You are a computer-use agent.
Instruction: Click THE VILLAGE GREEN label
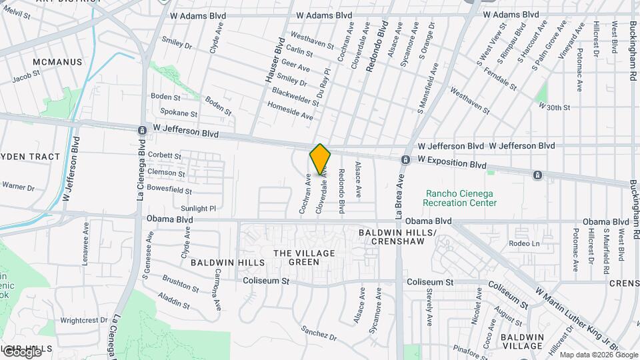click(x=299, y=257)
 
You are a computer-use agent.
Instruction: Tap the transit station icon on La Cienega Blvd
click(x=142, y=131)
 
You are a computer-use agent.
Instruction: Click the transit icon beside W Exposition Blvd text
click(x=405, y=160)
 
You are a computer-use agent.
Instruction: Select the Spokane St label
click(x=175, y=114)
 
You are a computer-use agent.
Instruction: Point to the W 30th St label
click(x=554, y=107)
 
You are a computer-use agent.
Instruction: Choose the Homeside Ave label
click(x=290, y=111)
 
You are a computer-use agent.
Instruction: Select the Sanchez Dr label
click(x=319, y=331)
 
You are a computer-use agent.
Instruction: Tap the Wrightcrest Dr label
click(x=83, y=320)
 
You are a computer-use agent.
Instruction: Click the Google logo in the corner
click(x=21, y=351)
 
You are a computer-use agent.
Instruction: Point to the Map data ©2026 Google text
click(x=598, y=355)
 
